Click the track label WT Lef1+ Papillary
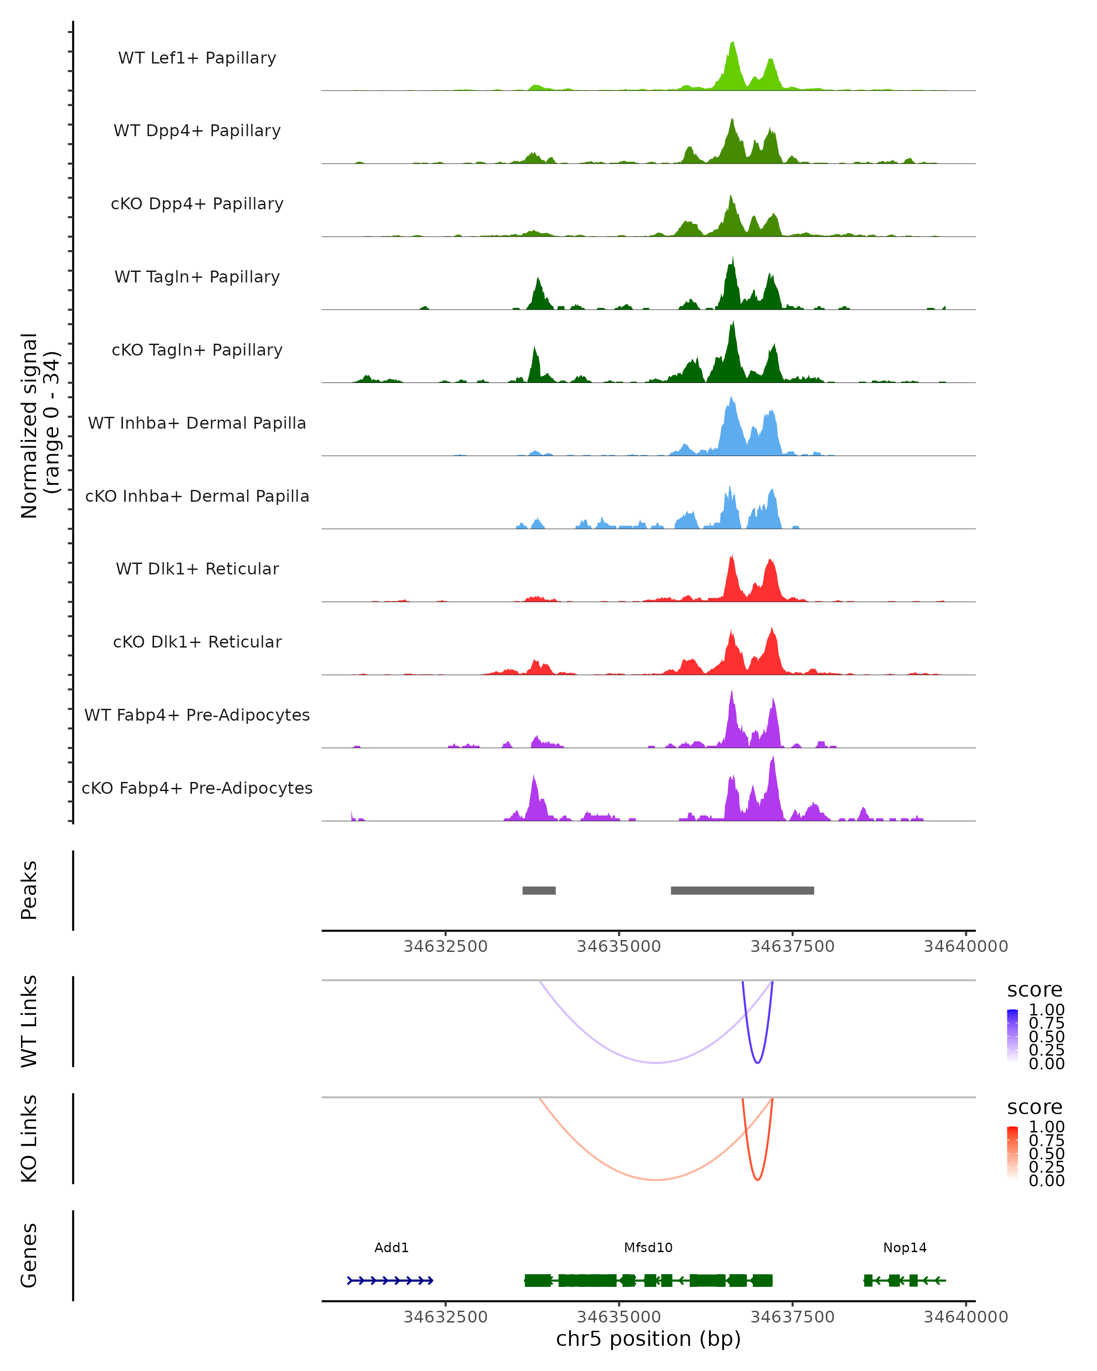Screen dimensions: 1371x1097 point(197,58)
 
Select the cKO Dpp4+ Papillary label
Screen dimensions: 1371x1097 point(197,204)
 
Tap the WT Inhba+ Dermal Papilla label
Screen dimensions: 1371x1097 point(197,424)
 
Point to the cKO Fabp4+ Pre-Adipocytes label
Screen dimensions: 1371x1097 point(197,788)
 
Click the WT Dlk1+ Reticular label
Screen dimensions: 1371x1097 point(197,569)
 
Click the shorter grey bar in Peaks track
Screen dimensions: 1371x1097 point(538,890)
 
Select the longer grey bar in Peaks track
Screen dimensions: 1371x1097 point(742,890)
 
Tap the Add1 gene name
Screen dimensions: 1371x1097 point(391,1248)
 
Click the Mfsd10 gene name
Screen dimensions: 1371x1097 point(648,1248)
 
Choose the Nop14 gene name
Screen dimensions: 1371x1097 point(904,1248)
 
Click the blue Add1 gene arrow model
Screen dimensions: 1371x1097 point(390,1281)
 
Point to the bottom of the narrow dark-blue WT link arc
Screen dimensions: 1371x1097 point(757,1063)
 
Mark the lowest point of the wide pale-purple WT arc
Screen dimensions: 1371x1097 point(655,1063)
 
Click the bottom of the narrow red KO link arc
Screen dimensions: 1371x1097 point(757,1180)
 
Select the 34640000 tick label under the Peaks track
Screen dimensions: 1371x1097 point(965,946)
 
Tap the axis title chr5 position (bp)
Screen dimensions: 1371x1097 point(648,1339)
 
